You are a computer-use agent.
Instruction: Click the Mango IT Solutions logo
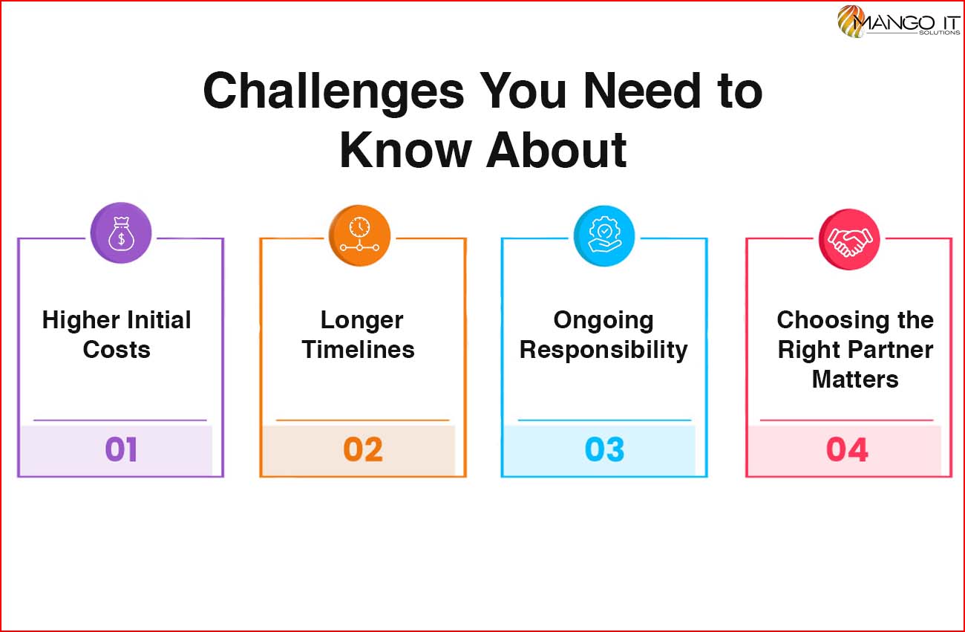[x=898, y=22]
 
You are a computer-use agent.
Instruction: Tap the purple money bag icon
[x=121, y=232]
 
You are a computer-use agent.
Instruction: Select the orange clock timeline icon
[x=359, y=235]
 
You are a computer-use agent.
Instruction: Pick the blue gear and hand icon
[x=604, y=235]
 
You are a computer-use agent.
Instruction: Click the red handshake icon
[x=849, y=239]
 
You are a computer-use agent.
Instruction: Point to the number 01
[x=121, y=449]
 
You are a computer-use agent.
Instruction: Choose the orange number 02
[x=363, y=449]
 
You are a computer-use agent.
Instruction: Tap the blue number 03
[x=604, y=449]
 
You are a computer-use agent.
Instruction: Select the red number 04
[x=847, y=449]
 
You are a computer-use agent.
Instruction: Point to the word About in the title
[x=556, y=151]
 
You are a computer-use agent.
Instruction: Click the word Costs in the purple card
[x=117, y=349]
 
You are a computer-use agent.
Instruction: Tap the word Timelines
[x=358, y=349]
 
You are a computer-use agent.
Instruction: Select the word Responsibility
[x=603, y=350]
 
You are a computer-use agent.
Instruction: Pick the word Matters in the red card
[x=855, y=379]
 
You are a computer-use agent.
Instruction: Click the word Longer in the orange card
[x=362, y=321]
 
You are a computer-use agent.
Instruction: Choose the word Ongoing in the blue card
[x=603, y=321]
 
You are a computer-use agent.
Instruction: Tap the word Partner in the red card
[x=892, y=350]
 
